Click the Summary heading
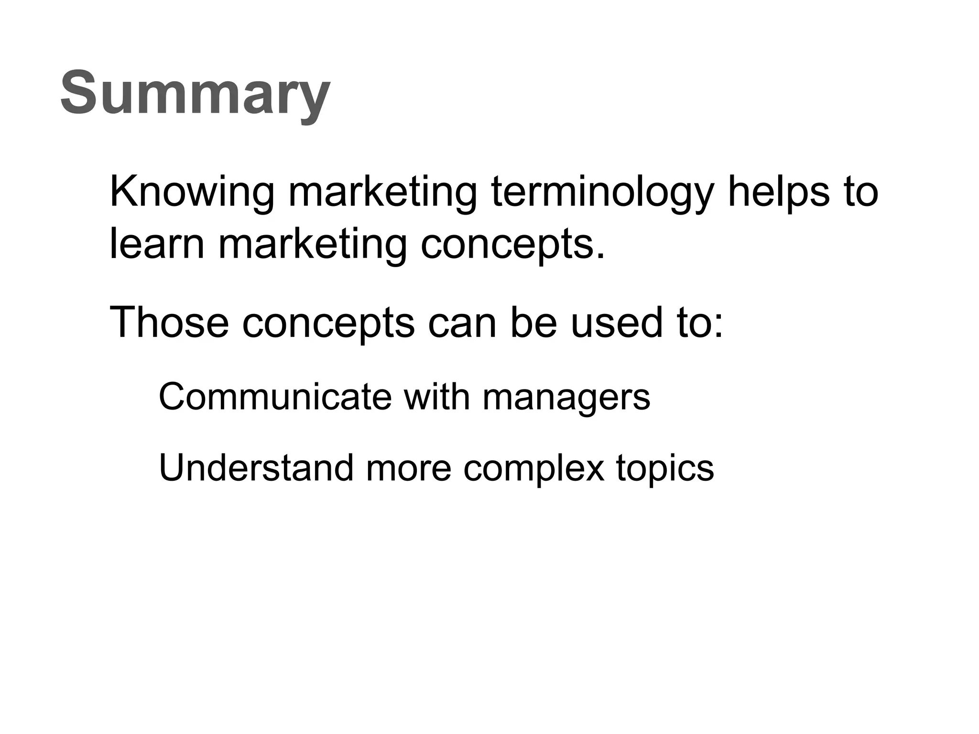click(195, 93)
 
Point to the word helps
click(779, 192)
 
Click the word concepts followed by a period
click(512, 245)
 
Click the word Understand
click(256, 468)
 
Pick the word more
click(409, 469)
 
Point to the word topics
click(665, 469)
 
